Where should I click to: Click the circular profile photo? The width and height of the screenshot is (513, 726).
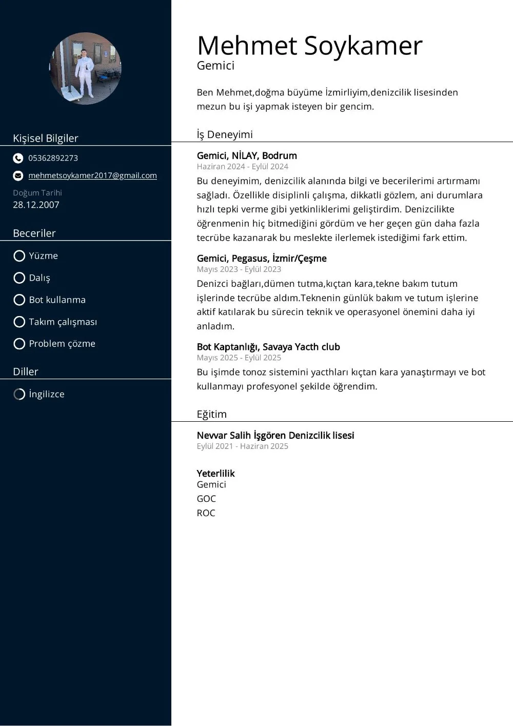pos(85,69)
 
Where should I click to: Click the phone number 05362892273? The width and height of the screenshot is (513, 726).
pos(53,158)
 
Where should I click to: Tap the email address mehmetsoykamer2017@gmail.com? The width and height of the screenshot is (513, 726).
pos(92,175)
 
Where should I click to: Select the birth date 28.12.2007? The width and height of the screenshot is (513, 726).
pos(36,205)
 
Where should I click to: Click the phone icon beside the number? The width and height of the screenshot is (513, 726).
pos(18,158)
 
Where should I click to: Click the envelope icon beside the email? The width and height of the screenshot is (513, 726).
pos(18,175)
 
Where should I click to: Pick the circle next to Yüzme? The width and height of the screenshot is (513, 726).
pos(19,256)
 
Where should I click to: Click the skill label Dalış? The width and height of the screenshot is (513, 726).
pos(40,278)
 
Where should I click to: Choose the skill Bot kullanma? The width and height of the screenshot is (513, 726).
pos(57,300)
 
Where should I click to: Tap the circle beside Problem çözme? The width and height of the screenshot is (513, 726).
pos(19,344)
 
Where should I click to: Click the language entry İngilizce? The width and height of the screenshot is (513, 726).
pos(46,394)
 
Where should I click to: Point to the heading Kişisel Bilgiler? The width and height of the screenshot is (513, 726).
pos(46,138)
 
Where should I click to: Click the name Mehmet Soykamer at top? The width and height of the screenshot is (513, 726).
pos(309,46)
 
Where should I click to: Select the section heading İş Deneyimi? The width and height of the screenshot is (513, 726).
pos(225,134)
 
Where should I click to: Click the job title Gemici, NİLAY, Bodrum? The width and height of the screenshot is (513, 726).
pos(247,155)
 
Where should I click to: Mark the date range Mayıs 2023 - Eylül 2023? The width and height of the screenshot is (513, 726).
pos(239,269)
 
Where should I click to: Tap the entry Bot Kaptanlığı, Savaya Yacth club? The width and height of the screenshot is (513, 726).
pos(268,347)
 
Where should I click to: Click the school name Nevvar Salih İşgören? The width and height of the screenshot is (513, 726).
pos(275,435)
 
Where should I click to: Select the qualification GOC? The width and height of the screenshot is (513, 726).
pos(206,499)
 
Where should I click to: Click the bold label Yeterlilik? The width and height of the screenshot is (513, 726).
pos(215,473)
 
